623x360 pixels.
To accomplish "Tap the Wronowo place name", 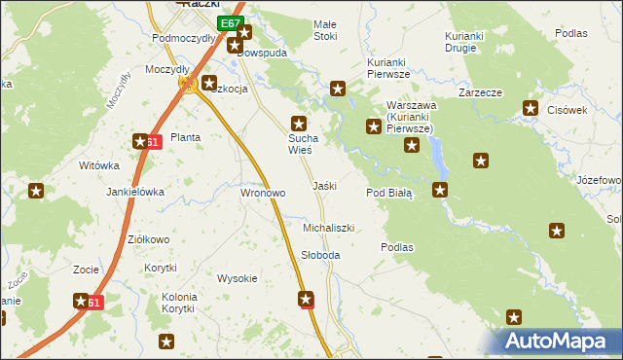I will click(263, 193).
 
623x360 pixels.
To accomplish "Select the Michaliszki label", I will click(328, 227).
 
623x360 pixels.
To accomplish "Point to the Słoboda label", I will click(320, 255).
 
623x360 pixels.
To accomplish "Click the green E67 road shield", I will click(229, 22).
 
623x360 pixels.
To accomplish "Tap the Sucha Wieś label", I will click(300, 144).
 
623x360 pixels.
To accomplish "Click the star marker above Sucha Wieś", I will click(300, 124).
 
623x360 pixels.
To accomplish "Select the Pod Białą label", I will click(389, 193).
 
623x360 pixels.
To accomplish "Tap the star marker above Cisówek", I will click(531, 109).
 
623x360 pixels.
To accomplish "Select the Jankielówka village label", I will click(135, 192).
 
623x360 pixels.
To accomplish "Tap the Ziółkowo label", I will click(149, 239).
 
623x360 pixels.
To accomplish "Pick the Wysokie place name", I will click(237, 278).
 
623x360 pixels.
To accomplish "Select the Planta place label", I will click(185, 137).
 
